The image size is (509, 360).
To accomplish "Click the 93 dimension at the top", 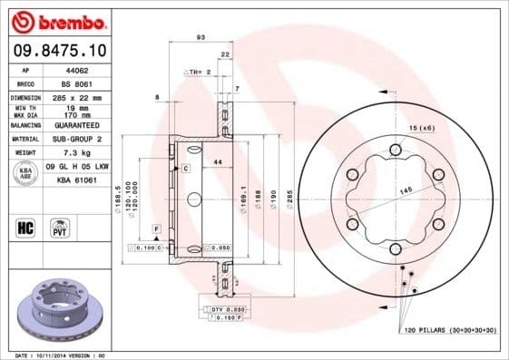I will [x=201, y=37].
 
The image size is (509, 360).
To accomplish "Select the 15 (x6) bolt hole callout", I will [x=420, y=129].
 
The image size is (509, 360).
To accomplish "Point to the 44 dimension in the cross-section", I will [x=218, y=161].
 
